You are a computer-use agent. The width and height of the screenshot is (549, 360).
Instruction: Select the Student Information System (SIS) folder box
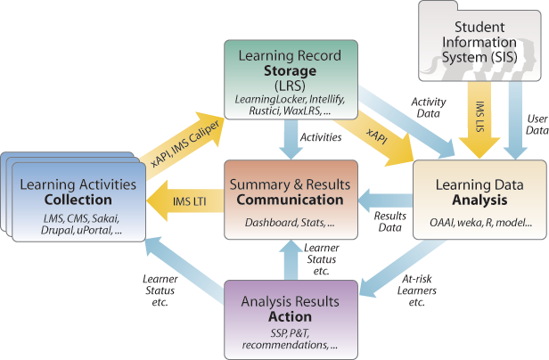click(481, 43)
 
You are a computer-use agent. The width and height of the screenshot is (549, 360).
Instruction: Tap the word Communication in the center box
click(291, 198)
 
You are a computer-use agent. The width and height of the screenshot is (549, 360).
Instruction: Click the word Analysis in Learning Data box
click(481, 200)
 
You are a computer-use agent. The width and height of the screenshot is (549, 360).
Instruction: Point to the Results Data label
click(389, 223)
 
